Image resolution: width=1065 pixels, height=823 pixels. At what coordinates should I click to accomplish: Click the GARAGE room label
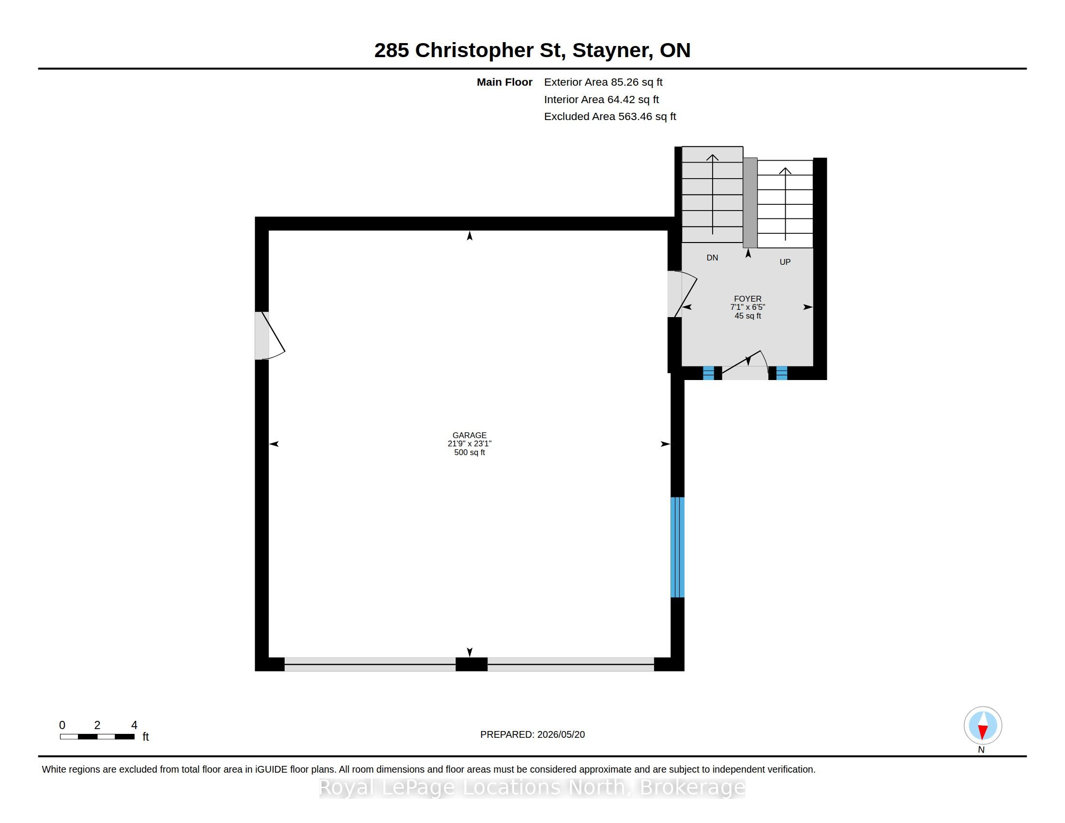(x=469, y=435)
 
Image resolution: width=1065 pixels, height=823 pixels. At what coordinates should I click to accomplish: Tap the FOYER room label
(x=747, y=299)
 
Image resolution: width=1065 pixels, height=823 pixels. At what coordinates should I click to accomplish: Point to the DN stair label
(x=712, y=258)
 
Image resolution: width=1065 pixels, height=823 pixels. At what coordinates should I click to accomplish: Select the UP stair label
(x=785, y=262)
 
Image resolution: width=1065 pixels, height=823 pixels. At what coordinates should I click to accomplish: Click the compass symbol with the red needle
(x=983, y=725)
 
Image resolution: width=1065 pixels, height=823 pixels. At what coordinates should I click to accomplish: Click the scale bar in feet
(x=97, y=736)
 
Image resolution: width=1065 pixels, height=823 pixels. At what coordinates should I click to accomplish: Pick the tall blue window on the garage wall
(x=677, y=547)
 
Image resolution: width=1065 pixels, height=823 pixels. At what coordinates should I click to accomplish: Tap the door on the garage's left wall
(x=269, y=335)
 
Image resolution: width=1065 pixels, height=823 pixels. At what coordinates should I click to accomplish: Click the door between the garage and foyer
(x=682, y=294)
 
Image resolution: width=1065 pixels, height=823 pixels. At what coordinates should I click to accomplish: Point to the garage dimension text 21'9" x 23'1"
(x=469, y=443)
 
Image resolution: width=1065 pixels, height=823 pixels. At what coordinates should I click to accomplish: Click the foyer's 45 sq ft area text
(x=747, y=316)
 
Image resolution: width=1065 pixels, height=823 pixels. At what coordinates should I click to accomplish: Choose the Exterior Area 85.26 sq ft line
(x=603, y=82)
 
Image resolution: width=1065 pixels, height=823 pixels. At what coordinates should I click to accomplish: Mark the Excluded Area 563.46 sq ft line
(x=610, y=117)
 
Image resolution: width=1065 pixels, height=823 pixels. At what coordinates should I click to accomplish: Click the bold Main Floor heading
(x=504, y=82)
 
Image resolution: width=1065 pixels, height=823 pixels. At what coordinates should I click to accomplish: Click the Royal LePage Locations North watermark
(x=532, y=787)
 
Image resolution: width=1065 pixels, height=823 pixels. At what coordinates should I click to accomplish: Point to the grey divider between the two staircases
(x=750, y=202)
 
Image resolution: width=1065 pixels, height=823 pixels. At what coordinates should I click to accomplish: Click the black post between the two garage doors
(x=471, y=664)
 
